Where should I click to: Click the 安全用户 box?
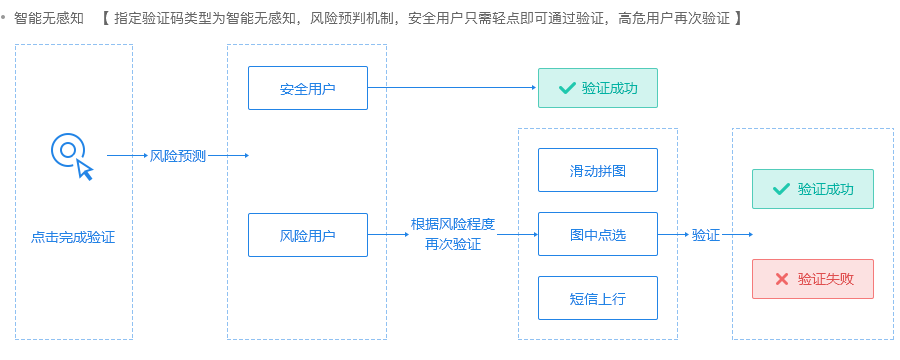(308, 88)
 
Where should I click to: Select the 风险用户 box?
(308, 235)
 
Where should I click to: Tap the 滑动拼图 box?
(598, 170)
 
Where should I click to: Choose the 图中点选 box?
(598, 235)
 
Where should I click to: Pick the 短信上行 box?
(598, 298)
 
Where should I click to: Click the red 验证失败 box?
(813, 279)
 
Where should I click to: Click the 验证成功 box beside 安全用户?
(598, 88)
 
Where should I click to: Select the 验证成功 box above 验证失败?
(813, 188)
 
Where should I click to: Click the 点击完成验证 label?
(73, 237)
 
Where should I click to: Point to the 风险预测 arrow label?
(177, 156)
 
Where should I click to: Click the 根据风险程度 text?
(453, 224)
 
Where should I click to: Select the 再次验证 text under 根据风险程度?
(453, 244)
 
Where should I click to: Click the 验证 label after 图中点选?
(706, 235)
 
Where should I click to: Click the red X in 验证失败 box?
(782, 279)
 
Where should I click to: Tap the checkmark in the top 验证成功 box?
(567, 88)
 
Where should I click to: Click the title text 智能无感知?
(49, 19)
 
